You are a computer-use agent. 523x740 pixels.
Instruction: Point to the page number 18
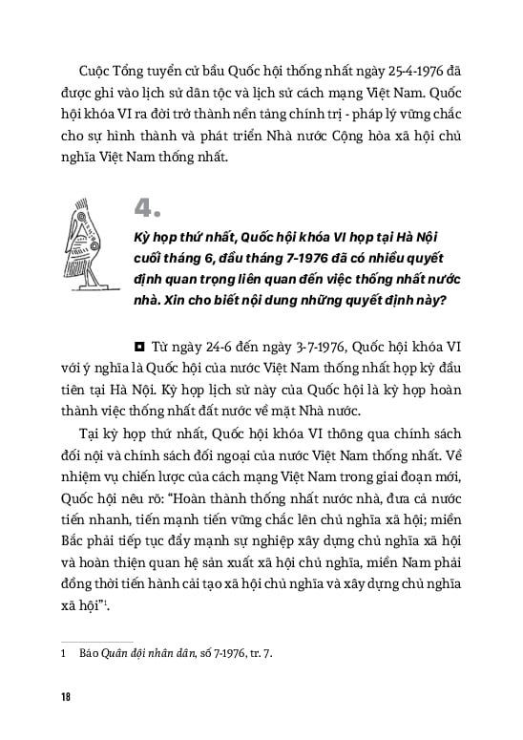point(65,696)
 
